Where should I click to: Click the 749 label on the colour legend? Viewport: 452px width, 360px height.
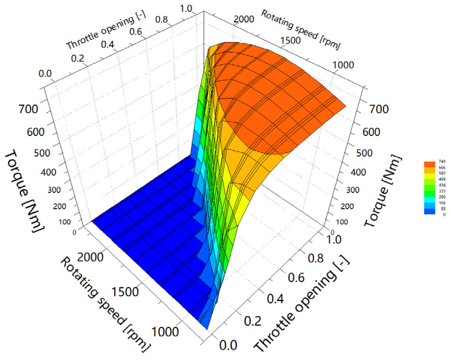coord(442,162)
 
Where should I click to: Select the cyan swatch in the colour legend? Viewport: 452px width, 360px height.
coord(429,200)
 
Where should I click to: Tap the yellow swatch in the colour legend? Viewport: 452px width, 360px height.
coord(429,176)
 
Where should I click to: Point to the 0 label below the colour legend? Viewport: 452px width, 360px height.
coord(444,215)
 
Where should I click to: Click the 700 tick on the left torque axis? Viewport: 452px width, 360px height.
coord(28,109)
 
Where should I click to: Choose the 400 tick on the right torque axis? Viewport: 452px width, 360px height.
coord(358,172)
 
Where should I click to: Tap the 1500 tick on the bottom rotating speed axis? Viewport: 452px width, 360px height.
coord(125,292)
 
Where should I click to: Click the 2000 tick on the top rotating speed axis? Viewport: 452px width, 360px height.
coord(244,19)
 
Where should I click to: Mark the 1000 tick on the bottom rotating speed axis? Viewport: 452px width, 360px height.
coord(165,332)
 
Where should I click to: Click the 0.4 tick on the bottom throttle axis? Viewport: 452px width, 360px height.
coord(275,299)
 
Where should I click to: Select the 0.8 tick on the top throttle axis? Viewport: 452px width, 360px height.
coord(161,19)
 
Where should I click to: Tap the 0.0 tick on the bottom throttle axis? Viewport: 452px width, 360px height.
coord(228,345)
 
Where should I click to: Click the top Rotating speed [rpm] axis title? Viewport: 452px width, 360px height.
coord(301,29)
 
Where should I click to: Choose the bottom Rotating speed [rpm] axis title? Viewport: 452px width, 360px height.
coord(105,304)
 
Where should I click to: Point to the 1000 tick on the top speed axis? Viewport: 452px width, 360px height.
coord(343,65)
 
